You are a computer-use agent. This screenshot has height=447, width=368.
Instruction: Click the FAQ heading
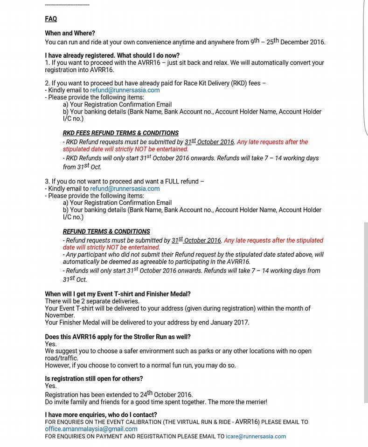[51, 19]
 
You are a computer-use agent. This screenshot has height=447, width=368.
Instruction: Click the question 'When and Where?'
[70, 33]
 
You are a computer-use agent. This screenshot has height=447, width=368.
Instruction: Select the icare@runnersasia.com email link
[256, 436]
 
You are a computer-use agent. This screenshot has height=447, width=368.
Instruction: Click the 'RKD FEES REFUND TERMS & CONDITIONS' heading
[120, 133]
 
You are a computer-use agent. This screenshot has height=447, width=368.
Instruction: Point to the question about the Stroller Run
[118, 337]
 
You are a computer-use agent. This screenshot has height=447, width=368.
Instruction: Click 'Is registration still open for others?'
[94, 379]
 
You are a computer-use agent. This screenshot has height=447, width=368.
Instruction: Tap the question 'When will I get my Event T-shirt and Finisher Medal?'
[118, 294]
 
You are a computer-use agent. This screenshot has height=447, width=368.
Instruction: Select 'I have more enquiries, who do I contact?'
[101, 414]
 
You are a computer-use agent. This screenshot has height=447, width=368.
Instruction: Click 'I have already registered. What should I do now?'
[112, 55]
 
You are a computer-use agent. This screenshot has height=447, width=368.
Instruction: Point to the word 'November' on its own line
[60, 315]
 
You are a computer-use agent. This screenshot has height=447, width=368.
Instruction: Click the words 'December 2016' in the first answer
[303, 42]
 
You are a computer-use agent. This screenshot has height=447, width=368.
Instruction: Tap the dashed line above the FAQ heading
[67, 5]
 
